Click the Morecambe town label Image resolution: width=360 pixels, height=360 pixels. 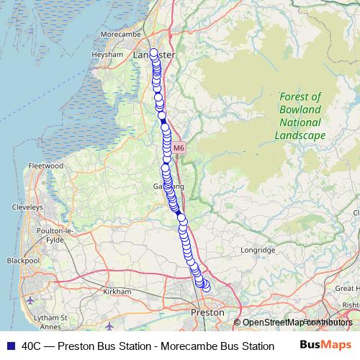[x=125, y=33]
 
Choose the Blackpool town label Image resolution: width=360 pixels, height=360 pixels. [x=22, y=260]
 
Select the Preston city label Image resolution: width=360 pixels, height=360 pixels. [x=207, y=313]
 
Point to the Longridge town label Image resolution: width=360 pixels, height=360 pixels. [x=258, y=250]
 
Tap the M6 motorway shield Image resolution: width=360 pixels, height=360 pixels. [x=179, y=148]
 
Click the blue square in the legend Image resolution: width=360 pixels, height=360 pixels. [x=10, y=346]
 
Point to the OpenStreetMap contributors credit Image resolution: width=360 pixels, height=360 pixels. [x=297, y=322]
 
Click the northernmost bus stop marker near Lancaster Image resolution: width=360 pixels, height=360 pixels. [x=153, y=52]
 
